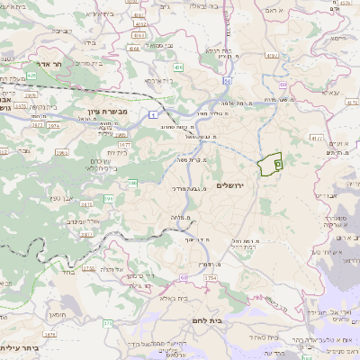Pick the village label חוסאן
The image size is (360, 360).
point(56,316)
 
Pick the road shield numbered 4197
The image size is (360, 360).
point(316,138)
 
